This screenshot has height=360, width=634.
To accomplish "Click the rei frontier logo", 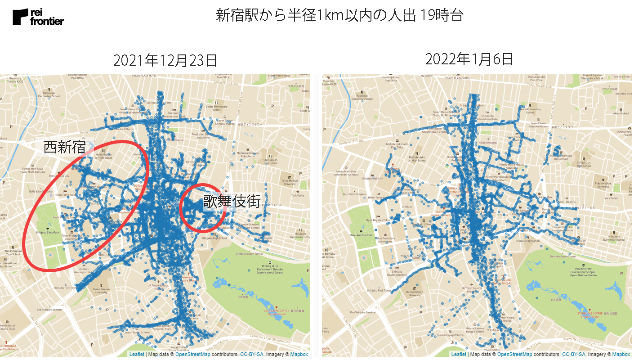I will click(x=38, y=17).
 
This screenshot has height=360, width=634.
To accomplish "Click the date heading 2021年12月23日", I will click(x=165, y=60).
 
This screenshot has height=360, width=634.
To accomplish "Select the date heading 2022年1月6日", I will click(x=469, y=59).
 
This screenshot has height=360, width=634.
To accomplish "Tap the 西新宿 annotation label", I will click(x=64, y=147).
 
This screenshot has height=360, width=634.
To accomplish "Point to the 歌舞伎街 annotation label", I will click(x=232, y=201).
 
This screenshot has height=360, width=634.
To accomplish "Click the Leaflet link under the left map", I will click(x=137, y=355).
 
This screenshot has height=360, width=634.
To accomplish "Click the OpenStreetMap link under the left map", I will click(x=192, y=355).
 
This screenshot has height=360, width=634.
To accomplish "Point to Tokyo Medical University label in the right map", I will click(x=604, y=183).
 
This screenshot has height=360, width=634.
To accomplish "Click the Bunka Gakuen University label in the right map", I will click(x=415, y=293).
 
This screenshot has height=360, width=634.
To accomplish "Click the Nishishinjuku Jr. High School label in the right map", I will click(x=418, y=159).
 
